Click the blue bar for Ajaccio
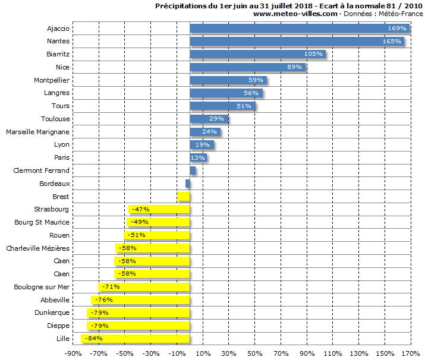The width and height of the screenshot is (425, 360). coord(297,29)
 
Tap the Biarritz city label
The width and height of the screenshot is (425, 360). coord(58,54)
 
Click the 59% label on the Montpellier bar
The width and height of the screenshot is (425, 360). coord(256,80)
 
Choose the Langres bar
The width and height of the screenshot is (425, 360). coord(226,93)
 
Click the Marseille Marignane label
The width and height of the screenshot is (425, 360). coord(37,132)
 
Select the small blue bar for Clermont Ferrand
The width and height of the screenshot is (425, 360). coord(193,170)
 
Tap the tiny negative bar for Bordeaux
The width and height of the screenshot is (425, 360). coord(188,184)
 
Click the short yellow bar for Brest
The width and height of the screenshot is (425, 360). coord(184,197)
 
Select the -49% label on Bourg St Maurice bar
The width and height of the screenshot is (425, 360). coord(140,222)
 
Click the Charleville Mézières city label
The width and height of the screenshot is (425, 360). coord(37,248)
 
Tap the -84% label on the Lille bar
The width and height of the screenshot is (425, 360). coord(93,339)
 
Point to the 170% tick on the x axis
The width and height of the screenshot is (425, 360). coord(410,353)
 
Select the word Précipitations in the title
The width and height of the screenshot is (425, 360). coord(180,5)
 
